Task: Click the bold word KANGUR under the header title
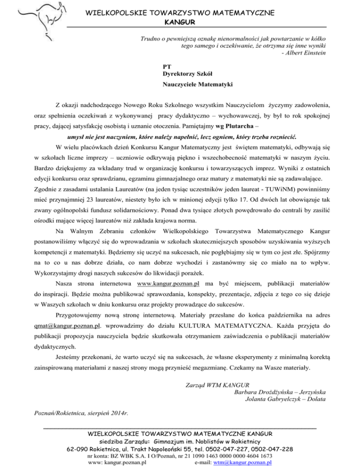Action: [x=180, y=22]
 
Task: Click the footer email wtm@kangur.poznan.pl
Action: [x=242, y=462]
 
